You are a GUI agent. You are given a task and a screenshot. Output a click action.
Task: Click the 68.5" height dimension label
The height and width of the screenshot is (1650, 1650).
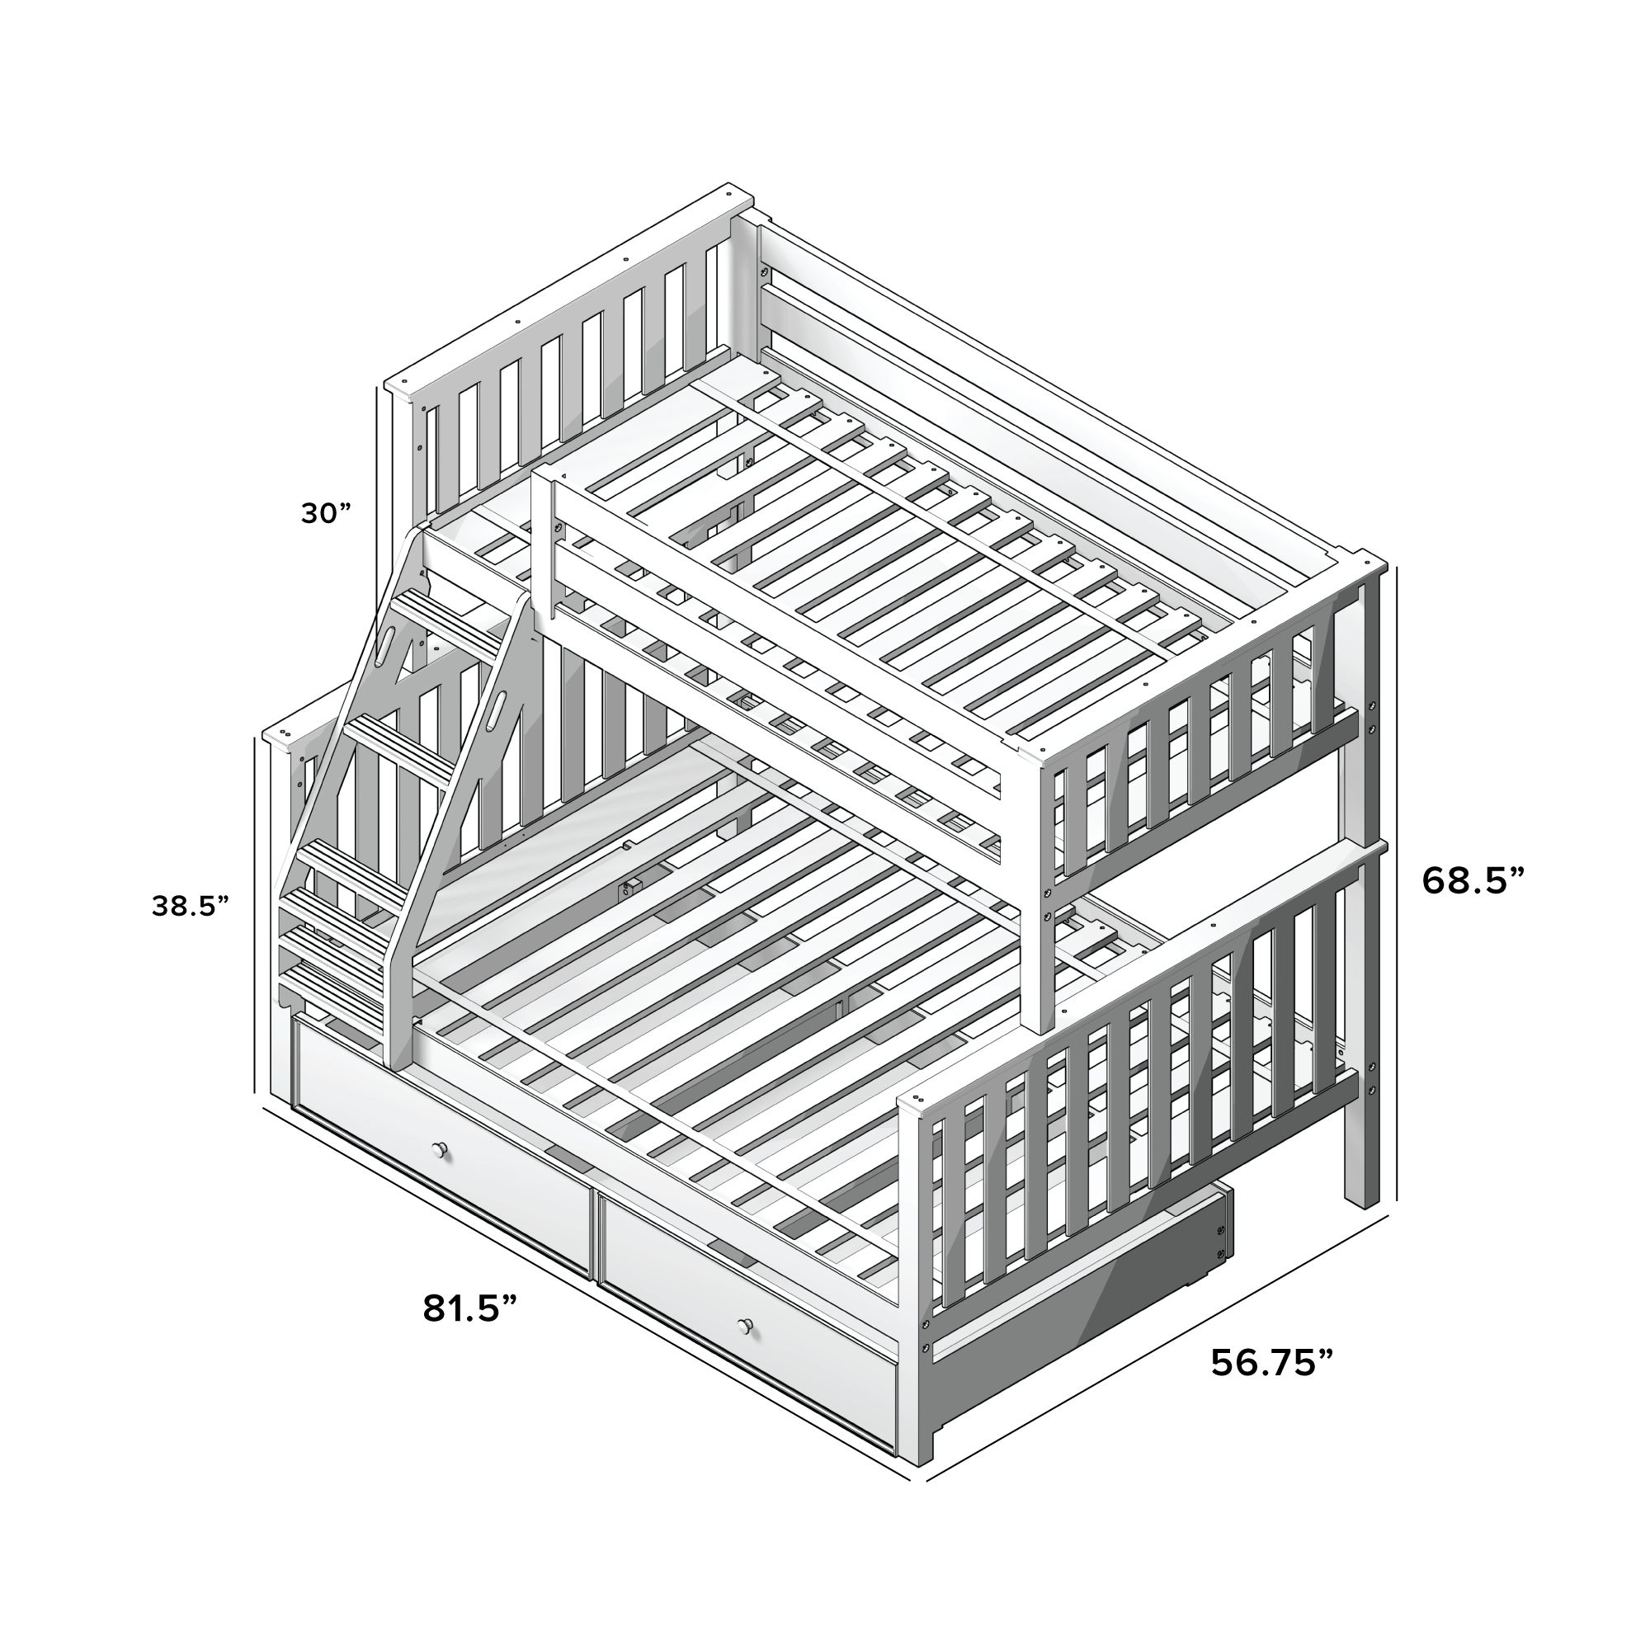[x=1473, y=880]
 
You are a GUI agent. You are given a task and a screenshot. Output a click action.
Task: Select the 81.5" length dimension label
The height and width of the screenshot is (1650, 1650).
[x=470, y=1308]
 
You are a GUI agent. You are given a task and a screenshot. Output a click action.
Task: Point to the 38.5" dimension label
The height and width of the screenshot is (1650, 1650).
[x=191, y=906]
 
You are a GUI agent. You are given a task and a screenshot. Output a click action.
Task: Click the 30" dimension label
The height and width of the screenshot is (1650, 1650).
[x=325, y=513]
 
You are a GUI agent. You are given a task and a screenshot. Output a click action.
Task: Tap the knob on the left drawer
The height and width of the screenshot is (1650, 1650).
[x=441, y=1150]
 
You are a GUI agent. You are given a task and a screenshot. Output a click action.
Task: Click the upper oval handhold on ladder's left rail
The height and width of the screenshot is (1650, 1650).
[x=385, y=641]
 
